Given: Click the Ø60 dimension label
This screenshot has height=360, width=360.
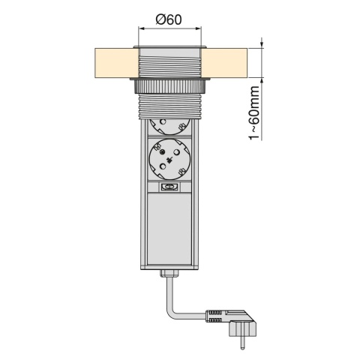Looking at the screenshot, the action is click(169, 19).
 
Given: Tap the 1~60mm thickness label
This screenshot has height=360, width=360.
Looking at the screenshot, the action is click(255, 113).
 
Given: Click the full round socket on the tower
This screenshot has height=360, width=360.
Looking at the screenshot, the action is click(169, 159).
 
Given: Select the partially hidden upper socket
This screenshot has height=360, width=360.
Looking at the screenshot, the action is click(169, 127).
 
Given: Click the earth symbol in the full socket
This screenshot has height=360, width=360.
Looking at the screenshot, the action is click(169, 160).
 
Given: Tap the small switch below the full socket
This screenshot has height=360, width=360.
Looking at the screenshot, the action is click(169, 187).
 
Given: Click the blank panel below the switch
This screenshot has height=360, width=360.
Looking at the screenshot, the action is click(169, 229).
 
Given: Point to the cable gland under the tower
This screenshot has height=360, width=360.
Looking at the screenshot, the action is click(169, 273).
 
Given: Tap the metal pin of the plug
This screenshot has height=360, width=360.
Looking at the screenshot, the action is click(242, 343).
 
